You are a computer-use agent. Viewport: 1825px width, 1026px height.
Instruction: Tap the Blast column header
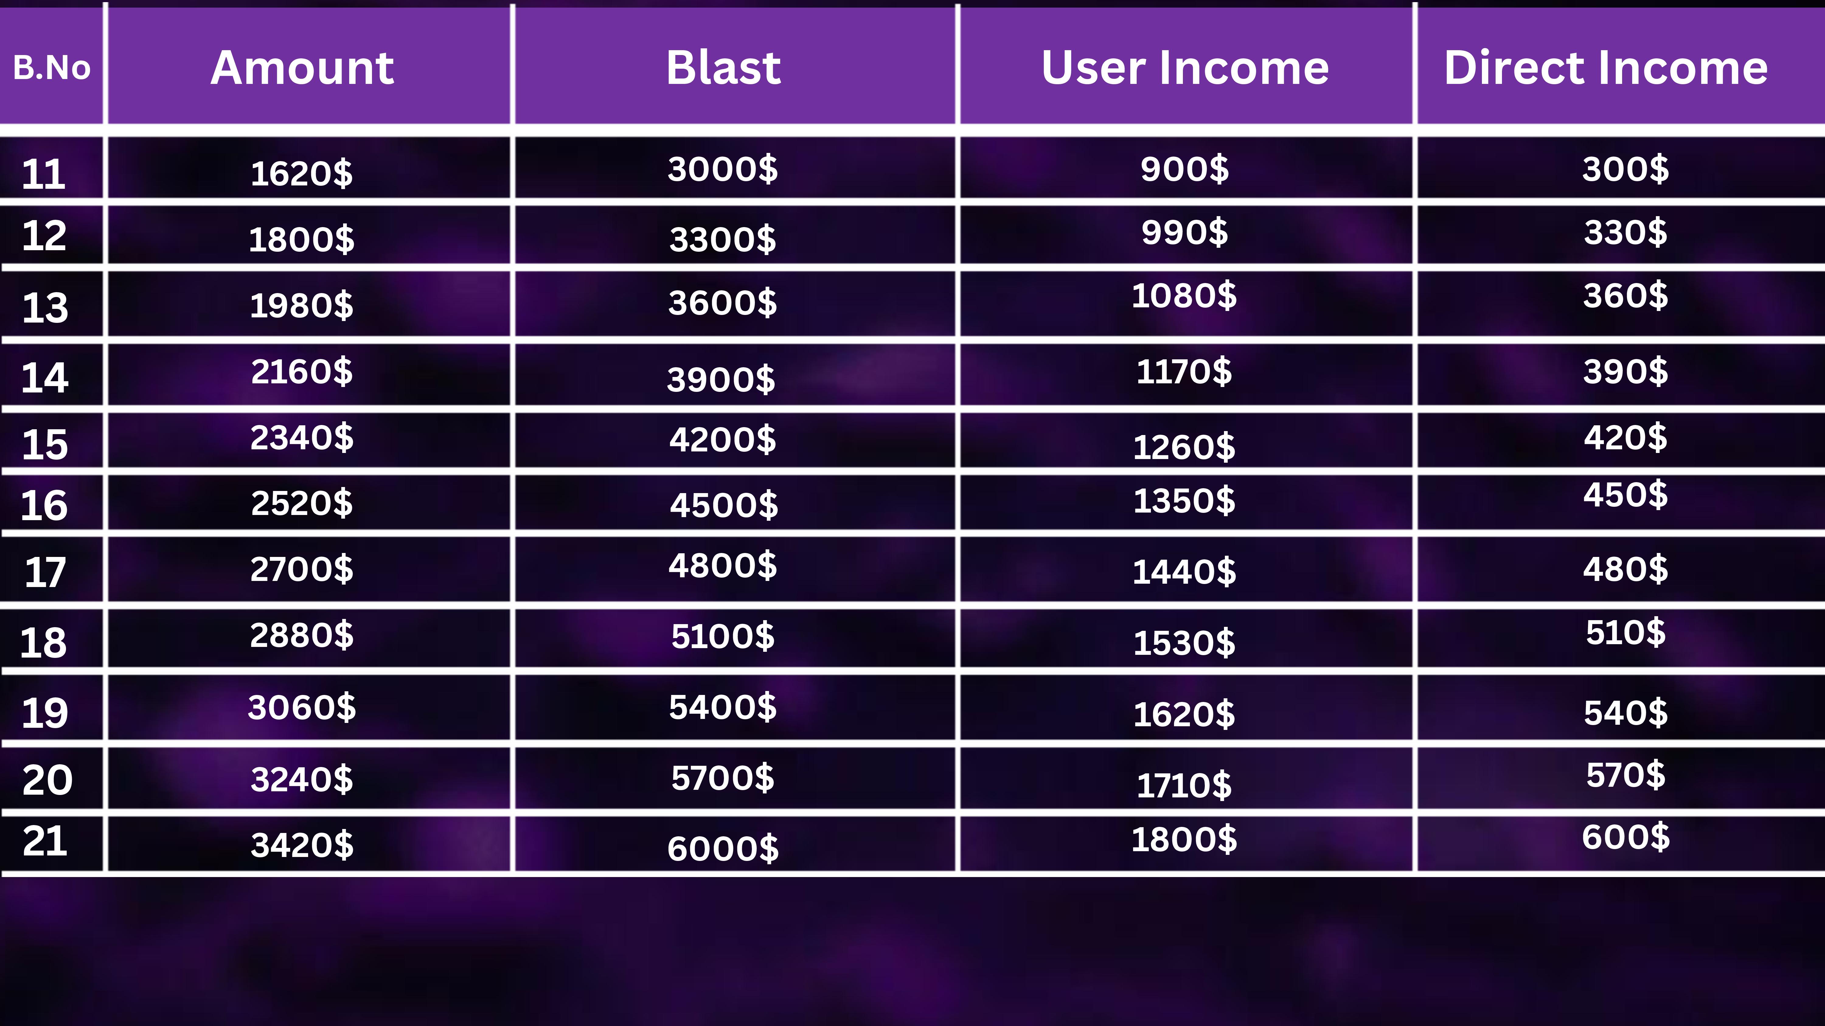723,68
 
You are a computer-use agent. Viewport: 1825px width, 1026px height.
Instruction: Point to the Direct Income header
1605,68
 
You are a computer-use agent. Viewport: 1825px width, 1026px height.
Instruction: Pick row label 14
45,377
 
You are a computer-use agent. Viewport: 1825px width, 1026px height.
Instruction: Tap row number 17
45,572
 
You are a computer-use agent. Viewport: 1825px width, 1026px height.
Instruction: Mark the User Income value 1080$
1184,295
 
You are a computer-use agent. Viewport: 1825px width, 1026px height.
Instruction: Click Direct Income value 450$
1625,494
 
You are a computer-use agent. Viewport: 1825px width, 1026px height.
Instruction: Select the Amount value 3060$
302,707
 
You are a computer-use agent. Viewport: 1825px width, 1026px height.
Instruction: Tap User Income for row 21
1184,839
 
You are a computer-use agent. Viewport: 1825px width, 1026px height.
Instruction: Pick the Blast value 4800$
723,565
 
